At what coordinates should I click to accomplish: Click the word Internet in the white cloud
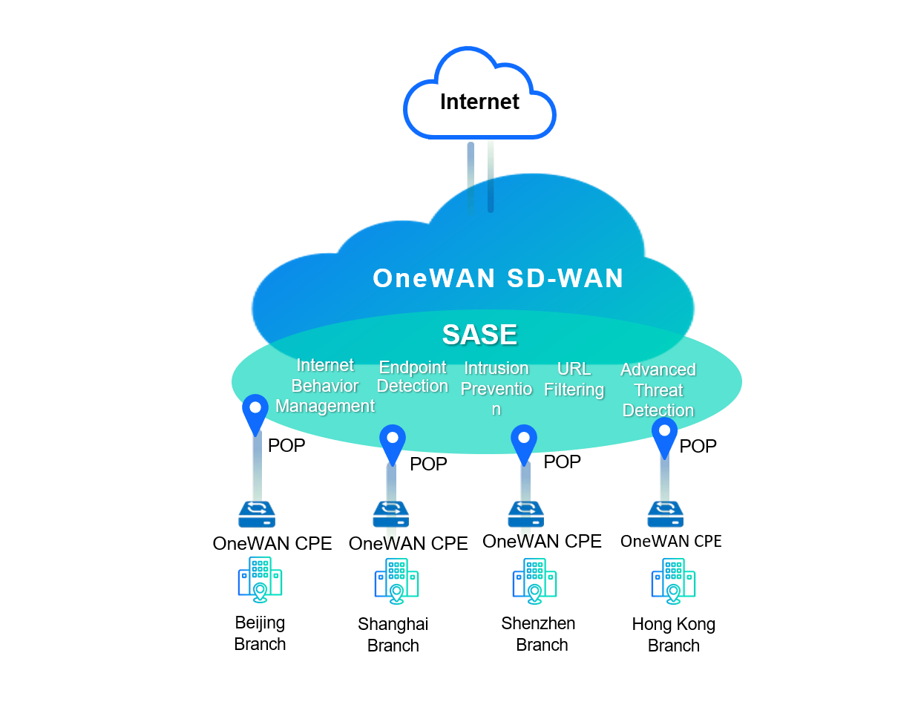click(479, 102)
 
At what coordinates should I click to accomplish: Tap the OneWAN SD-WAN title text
click(498, 278)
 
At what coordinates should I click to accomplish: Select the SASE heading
click(479, 335)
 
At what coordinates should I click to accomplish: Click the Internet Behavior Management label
click(325, 386)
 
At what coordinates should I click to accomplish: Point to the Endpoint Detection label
click(413, 377)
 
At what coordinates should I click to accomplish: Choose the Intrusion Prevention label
click(496, 388)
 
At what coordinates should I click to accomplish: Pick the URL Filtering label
click(574, 379)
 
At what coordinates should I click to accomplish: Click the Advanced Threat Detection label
click(658, 390)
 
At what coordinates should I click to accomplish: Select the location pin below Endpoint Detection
click(393, 442)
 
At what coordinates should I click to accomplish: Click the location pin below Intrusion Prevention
click(524, 442)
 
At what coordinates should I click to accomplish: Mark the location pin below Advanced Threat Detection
click(664, 435)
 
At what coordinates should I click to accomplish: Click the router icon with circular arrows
click(257, 513)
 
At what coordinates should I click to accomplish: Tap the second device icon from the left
click(391, 514)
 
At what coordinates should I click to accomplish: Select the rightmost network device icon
click(665, 514)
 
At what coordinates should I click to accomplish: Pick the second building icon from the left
click(396, 580)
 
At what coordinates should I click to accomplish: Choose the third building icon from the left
click(534, 580)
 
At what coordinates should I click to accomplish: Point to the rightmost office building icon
click(673, 580)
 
